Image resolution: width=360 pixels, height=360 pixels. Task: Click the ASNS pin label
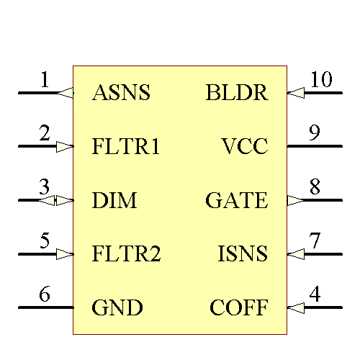pyautogui.click(x=121, y=93)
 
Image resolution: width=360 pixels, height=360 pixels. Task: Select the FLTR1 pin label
pyautogui.click(x=126, y=147)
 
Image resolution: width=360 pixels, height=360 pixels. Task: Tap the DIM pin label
pyautogui.click(x=114, y=200)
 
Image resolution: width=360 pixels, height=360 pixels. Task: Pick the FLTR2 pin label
pyautogui.click(x=126, y=254)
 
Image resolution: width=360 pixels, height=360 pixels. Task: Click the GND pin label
pyautogui.click(x=117, y=308)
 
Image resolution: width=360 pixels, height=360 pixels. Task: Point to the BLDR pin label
pyautogui.click(x=236, y=93)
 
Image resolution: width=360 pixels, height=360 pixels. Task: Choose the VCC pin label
pyautogui.click(x=245, y=147)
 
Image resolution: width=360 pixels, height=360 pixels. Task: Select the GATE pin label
pyautogui.click(x=236, y=200)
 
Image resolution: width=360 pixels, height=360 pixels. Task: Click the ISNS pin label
pyautogui.click(x=243, y=254)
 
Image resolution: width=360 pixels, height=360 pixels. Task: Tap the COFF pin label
pyautogui.click(x=238, y=308)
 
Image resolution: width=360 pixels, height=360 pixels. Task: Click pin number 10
pyautogui.click(x=321, y=79)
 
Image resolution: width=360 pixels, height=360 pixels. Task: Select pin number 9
pyautogui.click(x=315, y=133)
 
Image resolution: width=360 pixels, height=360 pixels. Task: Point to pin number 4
pyautogui.click(x=315, y=294)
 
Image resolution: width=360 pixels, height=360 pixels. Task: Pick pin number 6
pyautogui.click(x=45, y=294)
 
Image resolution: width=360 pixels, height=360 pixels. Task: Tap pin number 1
pyautogui.click(x=45, y=79)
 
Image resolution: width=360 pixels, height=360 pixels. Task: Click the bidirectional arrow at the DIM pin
pyautogui.click(x=56, y=200)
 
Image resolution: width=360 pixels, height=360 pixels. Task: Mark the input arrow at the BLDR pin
pyautogui.click(x=296, y=93)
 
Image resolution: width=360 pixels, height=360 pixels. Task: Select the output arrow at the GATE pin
pyautogui.click(x=296, y=200)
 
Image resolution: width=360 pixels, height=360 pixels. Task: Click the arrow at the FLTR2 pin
pyautogui.click(x=65, y=254)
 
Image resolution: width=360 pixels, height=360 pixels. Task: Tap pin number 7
pyautogui.click(x=315, y=240)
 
